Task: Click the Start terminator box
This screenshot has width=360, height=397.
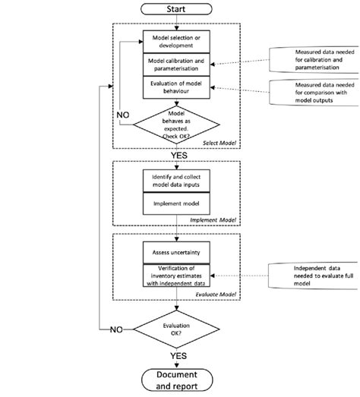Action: click(176, 9)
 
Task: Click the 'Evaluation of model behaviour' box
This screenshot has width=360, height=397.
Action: click(176, 87)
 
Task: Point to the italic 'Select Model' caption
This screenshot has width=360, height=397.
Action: click(219, 143)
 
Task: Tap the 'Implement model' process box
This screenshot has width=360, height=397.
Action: click(176, 205)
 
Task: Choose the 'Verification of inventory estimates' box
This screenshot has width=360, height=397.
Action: click(176, 274)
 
